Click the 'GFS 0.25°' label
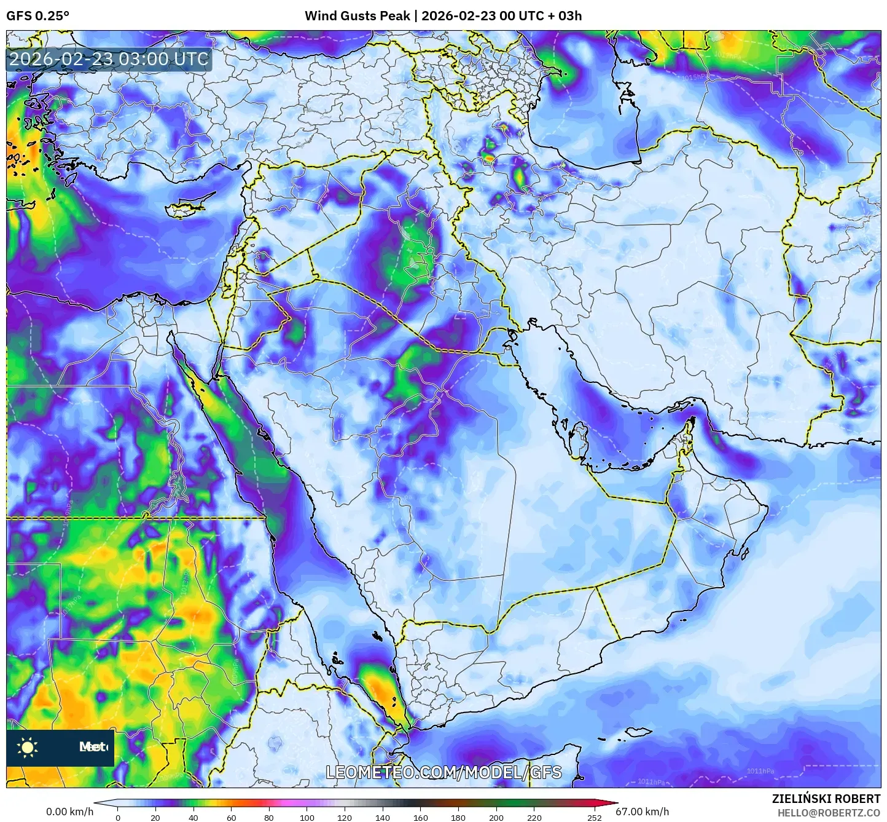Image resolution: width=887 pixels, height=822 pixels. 37,16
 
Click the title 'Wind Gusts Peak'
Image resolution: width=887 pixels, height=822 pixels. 357,16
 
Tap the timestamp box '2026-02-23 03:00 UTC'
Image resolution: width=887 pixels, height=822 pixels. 109,59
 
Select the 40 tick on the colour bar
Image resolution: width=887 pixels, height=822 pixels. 193,818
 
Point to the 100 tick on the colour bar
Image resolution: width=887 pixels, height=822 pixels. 307,818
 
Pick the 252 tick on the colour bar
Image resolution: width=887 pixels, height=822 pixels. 594,818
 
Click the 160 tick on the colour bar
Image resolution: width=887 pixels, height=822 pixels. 421,818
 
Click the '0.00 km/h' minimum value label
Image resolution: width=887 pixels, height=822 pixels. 70,812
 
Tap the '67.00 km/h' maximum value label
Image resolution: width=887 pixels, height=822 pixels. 643,812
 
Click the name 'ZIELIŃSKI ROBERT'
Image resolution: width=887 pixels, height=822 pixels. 826,799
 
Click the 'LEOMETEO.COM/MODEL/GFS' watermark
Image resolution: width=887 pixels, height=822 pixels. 443,772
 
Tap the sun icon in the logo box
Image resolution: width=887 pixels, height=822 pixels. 28,748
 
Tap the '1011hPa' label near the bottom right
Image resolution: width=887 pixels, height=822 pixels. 760,771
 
